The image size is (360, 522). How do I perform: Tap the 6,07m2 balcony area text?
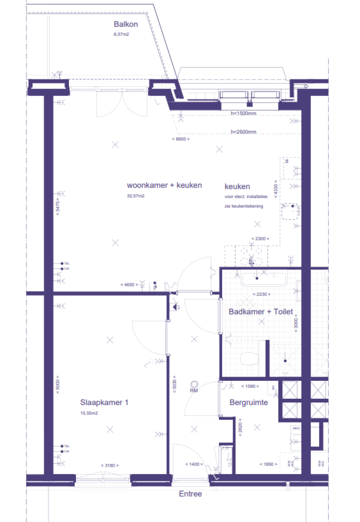click(x=121, y=35)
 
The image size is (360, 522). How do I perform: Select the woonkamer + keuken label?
click(x=165, y=185)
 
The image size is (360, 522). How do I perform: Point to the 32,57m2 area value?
click(x=135, y=196)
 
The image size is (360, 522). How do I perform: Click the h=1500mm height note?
click(x=243, y=113)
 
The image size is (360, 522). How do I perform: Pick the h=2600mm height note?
click(x=243, y=132)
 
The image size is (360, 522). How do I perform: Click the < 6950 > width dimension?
click(x=180, y=139)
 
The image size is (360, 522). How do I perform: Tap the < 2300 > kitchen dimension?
click(x=261, y=239)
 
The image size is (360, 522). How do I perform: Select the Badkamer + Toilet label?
click(x=261, y=311)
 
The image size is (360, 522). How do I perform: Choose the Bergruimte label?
click(x=248, y=402)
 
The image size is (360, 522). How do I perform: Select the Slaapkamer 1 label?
click(x=105, y=402)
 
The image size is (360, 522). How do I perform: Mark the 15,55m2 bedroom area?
click(x=89, y=413)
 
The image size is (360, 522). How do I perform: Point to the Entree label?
click(x=190, y=494)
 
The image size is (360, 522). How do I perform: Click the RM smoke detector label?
click(x=194, y=390)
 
